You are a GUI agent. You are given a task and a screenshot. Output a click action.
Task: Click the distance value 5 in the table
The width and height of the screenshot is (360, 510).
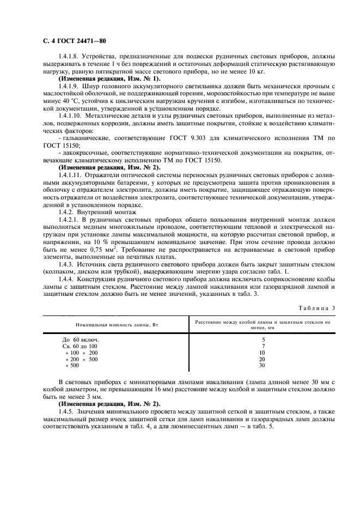point(263,339)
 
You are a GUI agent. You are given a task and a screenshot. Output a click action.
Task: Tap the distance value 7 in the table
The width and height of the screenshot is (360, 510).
point(263,346)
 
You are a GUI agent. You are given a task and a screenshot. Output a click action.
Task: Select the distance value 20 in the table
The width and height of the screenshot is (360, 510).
point(263,360)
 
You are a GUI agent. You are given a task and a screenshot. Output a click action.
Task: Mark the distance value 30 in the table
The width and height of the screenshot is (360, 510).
point(263,366)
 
